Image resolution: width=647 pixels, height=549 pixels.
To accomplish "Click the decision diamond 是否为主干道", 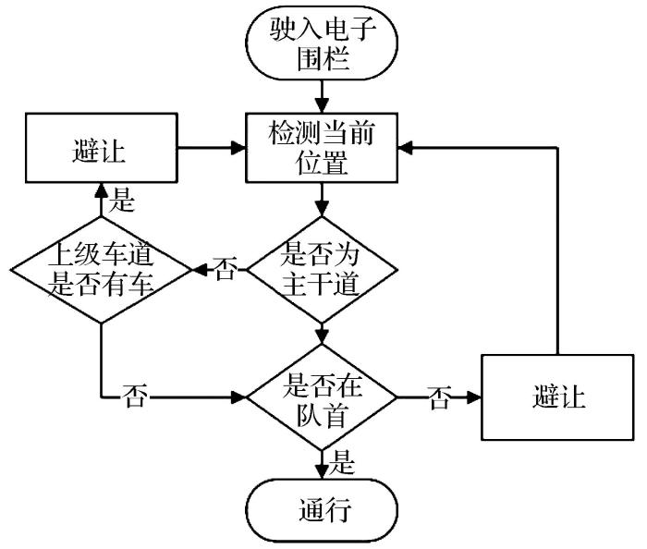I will pos(320,269).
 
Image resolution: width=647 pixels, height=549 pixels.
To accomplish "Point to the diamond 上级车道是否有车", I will pos(100,269).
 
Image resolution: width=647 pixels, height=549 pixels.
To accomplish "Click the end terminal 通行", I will pos(320,510).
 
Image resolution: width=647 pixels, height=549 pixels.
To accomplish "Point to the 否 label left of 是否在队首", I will pos(135,398).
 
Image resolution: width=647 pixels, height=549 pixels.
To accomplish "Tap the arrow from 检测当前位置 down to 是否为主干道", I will pos(320,197).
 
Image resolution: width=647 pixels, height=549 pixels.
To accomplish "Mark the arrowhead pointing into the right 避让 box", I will pos(476,398).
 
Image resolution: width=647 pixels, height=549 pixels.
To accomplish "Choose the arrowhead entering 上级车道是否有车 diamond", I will pos(197,270).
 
